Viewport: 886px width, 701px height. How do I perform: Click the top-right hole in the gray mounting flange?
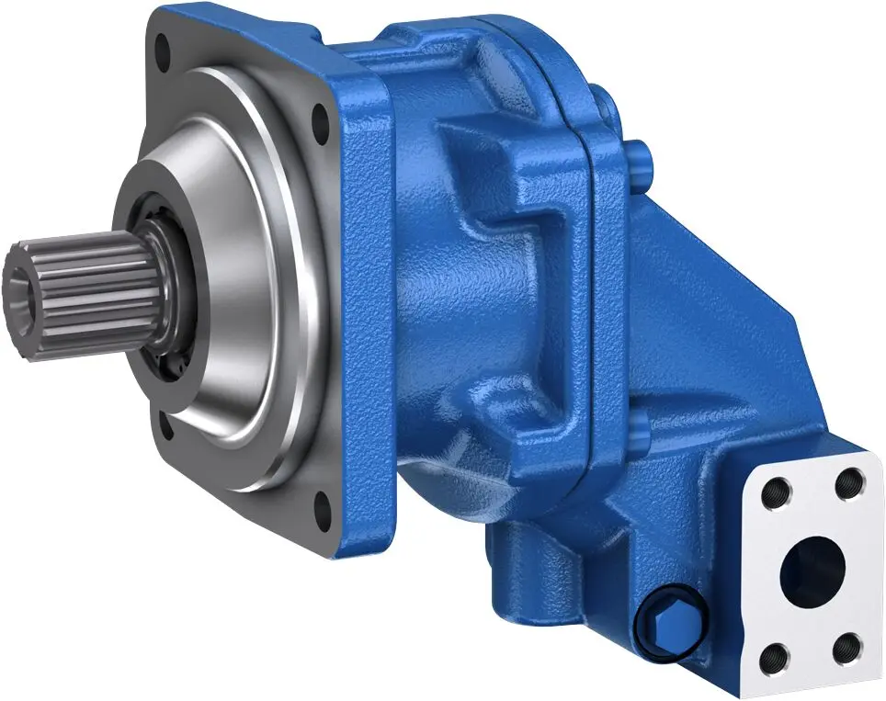tap(321, 120)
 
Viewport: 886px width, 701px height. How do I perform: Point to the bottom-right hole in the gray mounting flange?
tap(321, 503)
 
